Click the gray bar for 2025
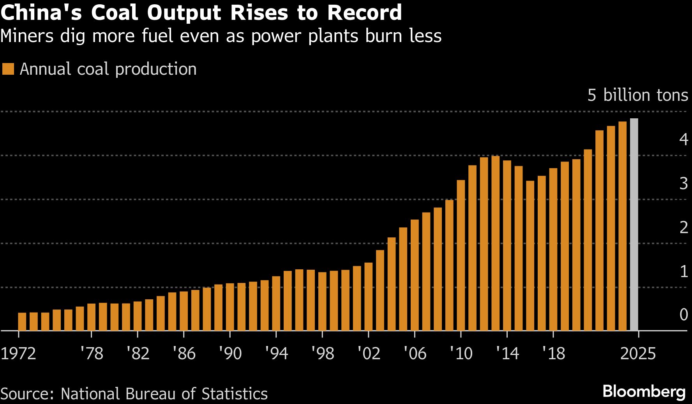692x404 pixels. tap(634, 225)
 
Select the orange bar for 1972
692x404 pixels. tap(22, 321)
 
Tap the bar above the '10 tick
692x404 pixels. tap(461, 255)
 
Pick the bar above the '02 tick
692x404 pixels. tap(369, 297)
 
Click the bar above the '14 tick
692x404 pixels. tap(507, 245)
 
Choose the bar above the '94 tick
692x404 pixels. tap(276, 303)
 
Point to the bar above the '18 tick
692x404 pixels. tap(553, 249)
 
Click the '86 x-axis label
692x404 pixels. tap(184, 353)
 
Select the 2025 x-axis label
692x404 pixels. tap(638, 353)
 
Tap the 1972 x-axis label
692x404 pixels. tap(18, 353)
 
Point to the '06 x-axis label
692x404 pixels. tap(415, 353)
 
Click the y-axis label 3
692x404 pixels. tap(683, 183)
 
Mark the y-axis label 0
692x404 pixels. tap(683, 314)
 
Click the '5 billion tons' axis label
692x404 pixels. tap(637, 95)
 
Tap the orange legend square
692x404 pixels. tap(8, 69)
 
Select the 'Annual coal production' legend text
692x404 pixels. tap(108, 69)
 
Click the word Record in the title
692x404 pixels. tap(364, 12)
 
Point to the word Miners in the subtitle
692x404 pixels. tap(27, 36)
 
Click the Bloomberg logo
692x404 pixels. tap(644, 392)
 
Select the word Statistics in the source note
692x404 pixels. tap(234, 394)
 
